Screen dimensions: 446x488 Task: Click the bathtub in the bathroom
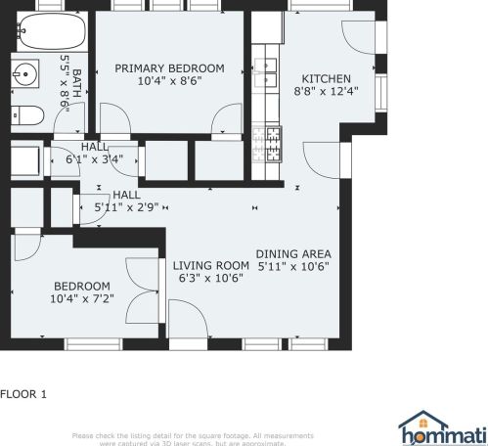click(x=45, y=33)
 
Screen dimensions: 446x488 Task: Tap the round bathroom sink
click(x=26, y=73)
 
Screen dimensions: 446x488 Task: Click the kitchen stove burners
click(x=267, y=144)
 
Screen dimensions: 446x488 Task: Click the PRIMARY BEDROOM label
click(x=169, y=68)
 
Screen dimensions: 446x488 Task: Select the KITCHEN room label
click(x=325, y=78)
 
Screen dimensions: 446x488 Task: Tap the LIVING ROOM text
click(x=211, y=265)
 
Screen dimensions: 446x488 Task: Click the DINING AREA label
click(x=293, y=252)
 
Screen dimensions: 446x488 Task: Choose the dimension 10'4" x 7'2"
click(x=83, y=298)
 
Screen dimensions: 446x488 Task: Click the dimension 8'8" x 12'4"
click(x=326, y=91)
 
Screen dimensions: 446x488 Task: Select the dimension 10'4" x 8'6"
click(x=169, y=81)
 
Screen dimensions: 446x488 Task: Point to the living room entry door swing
click(x=186, y=318)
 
